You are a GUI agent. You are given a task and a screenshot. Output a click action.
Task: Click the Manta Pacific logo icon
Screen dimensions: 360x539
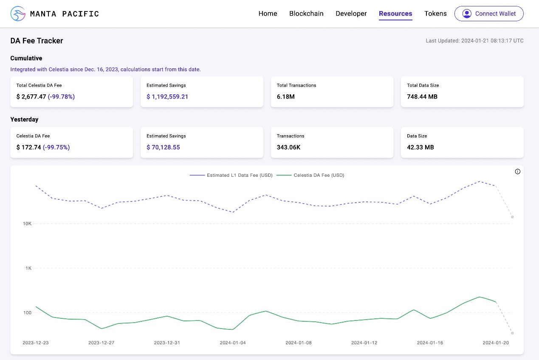[x=18, y=14]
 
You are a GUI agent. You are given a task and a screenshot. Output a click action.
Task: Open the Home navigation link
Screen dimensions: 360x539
[x=268, y=14]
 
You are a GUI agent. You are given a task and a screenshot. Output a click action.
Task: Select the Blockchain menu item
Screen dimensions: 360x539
[x=306, y=14]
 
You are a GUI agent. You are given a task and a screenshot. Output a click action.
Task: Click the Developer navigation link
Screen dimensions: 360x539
[x=351, y=14]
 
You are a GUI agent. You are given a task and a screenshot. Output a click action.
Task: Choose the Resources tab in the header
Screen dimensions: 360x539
[x=395, y=14]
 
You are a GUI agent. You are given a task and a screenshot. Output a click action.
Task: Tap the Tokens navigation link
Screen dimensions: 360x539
[x=435, y=14]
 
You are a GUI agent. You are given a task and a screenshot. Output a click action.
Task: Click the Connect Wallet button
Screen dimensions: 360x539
[x=489, y=14]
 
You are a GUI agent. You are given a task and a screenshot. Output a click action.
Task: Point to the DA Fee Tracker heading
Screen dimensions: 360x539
[x=37, y=41]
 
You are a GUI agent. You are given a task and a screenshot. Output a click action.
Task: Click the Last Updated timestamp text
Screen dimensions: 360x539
[x=474, y=41]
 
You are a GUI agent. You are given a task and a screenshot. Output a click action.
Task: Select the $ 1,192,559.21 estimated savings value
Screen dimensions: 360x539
[x=167, y=96]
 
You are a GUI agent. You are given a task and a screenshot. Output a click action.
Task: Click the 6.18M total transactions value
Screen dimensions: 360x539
[x=286, y=96]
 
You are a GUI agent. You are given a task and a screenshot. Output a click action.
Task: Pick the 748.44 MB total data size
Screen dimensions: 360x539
[x=422, y=96]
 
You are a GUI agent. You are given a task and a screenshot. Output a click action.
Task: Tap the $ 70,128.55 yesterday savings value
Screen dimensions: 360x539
[x=163, y=147]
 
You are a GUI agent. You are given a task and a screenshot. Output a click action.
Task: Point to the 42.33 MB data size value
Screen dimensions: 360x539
[x=420, y=147]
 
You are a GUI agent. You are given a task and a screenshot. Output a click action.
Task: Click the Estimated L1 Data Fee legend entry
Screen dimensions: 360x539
[x=231, y=175]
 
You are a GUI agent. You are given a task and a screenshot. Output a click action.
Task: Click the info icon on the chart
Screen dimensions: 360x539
[x=517, y=172]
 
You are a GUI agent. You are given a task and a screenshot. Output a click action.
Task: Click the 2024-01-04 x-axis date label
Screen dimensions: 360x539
[x=232, y=343]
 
